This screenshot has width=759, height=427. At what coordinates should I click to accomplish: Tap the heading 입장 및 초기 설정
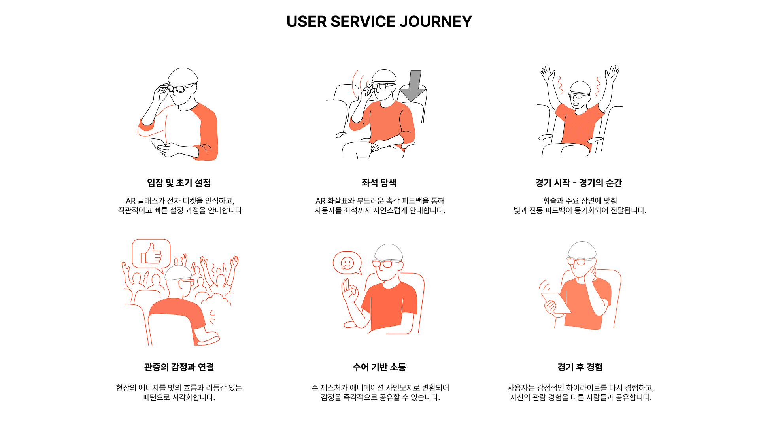pyautogui.click(x=179, y=183)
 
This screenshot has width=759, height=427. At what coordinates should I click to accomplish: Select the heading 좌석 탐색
pyautogui.click(x=379, y=183)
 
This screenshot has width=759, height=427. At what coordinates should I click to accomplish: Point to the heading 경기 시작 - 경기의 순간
pyautogui.click(x=579, y=183)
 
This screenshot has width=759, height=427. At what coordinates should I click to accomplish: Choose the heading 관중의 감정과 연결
pyautogui.click(x=179, y=367)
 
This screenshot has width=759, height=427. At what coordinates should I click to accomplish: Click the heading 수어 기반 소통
pyautogui.click(x=379, y=367)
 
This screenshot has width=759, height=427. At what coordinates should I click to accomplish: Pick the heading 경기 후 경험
pyautogui.click(x=580, y=367)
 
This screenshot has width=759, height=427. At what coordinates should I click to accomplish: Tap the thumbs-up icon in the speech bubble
pyautogui.click(x=151, y=254)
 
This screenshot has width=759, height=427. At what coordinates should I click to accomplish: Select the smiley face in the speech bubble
pyautogui.click(x=347, y=263)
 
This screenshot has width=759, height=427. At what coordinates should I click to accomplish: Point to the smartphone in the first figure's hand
pyautogui.click(x=157, y=144)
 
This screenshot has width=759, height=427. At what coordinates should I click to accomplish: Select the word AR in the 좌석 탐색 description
pyautogui.click(x=320, y=201)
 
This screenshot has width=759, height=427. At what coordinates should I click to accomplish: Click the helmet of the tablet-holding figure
pyautogui.click(x=582, y=249)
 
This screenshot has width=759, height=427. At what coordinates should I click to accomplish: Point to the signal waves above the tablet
pyautogui.click(x=545, y=285)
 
